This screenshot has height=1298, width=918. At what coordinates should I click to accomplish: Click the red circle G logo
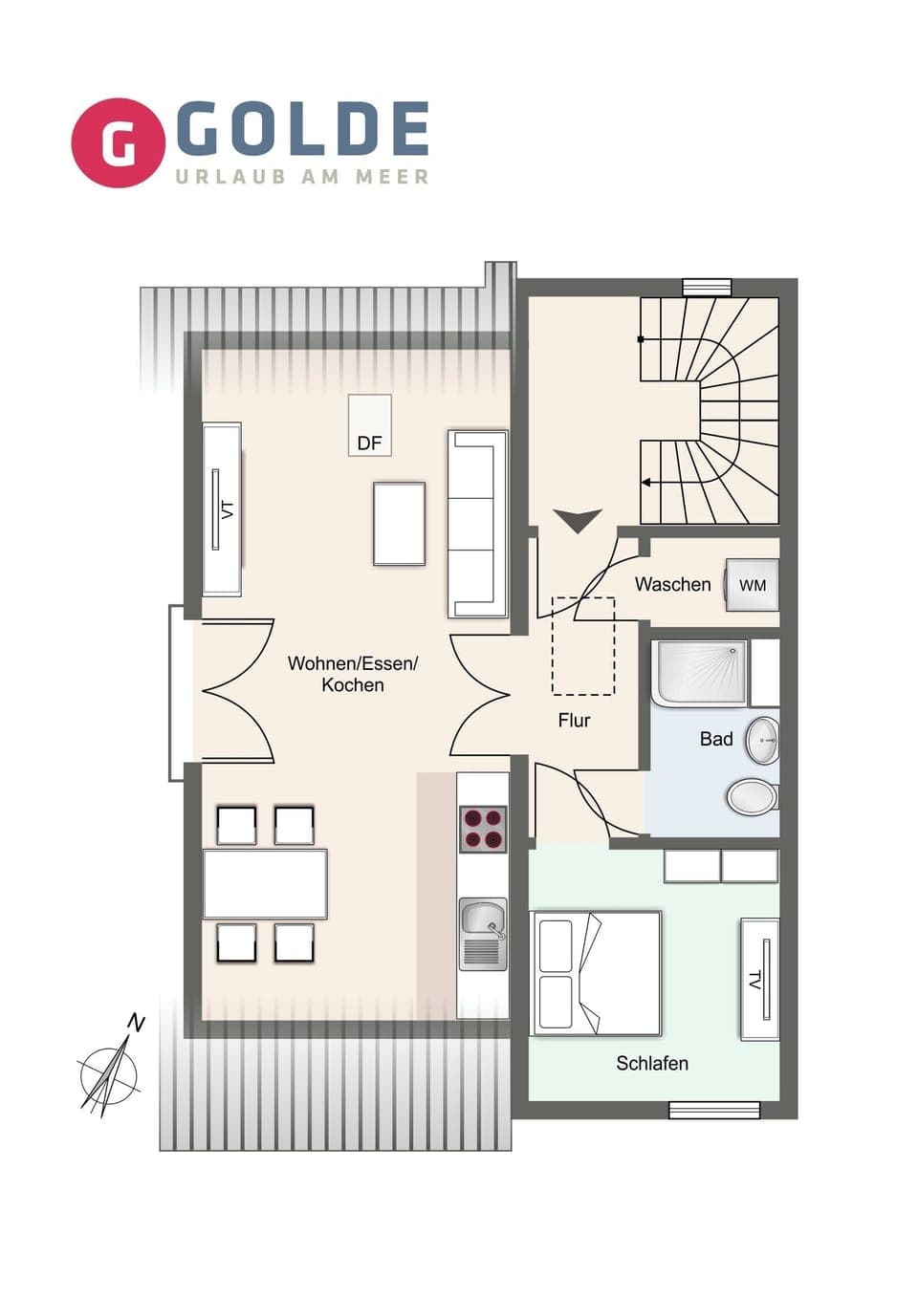[118, 142]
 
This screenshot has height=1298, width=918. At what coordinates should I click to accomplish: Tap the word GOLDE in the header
[302, 130]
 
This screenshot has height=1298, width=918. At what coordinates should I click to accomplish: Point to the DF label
[369, 443]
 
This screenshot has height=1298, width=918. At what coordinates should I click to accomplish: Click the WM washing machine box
[752, 585]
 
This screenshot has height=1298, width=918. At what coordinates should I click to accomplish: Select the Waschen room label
[672, 584]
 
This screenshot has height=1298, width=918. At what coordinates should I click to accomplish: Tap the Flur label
[574, 720]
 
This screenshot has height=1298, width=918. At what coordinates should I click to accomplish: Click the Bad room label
[715, 739]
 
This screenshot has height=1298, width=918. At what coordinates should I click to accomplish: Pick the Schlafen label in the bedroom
[651, 1063]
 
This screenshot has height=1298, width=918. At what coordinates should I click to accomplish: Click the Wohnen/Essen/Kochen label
[353, 674]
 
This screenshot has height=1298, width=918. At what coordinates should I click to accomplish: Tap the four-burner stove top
[483, 829]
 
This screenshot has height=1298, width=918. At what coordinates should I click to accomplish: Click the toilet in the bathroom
[753, 796]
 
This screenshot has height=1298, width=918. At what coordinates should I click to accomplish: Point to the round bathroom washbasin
[762, 740]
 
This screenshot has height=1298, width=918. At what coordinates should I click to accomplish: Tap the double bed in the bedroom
[596, 973]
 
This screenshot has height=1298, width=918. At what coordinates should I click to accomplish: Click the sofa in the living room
[477, 524]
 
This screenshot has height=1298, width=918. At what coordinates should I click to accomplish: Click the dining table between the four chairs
[265, 884]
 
